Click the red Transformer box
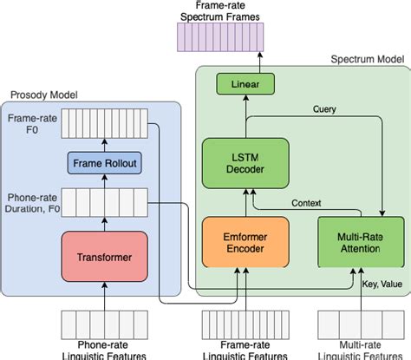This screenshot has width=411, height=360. click(x=103, y=256)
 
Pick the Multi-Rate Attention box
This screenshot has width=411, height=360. click(x=349, y=241)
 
